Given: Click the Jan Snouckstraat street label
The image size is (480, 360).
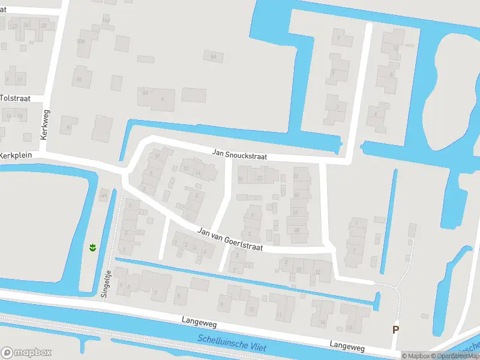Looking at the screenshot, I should point(239,154).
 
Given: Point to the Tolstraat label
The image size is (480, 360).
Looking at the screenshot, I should point(14,98).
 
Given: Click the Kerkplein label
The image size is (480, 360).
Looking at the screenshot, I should point(15,155).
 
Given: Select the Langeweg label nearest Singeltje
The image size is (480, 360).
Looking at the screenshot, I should point(199,323).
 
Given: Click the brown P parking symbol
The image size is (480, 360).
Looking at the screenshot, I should point(395,329).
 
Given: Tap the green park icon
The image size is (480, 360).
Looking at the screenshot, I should point(93,247).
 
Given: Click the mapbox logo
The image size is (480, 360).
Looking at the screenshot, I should point(26,352).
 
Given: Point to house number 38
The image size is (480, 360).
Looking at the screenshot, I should point(296,230).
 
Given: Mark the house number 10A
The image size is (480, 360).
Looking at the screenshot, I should point(80,41).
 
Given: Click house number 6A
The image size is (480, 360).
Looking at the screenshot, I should point(145,92).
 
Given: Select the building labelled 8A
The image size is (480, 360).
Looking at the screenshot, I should point(212,56).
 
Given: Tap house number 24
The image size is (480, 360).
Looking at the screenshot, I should point(26,25).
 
